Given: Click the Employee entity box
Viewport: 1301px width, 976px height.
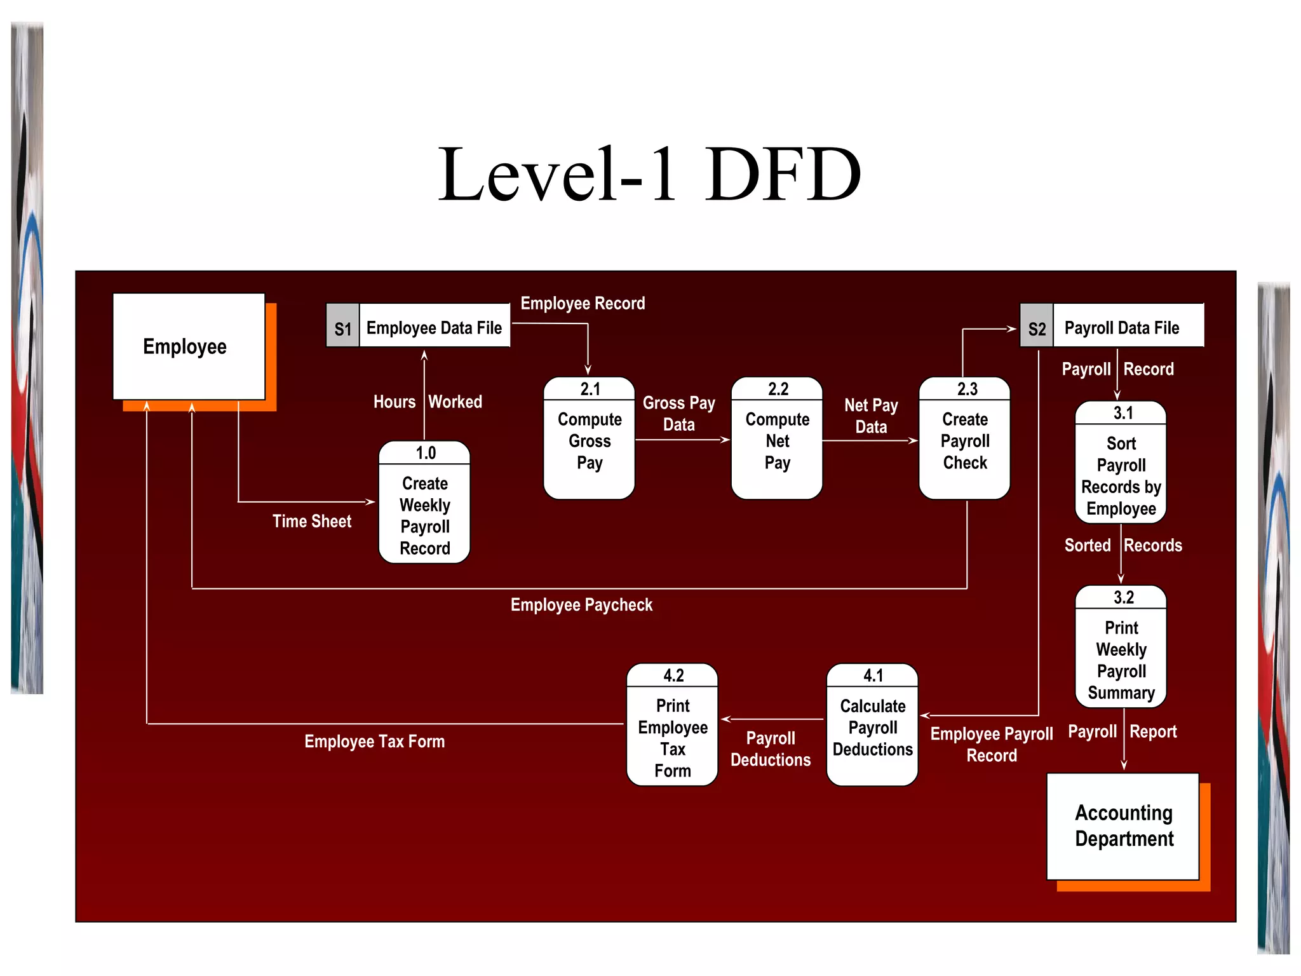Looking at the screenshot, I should pyautogui.click(x=188, y=346).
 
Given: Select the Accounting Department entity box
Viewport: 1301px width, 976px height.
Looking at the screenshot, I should pyautogui.click(x=1122, y=826).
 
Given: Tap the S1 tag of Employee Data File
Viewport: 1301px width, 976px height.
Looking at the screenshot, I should pyautogui.click(x=342, y=329).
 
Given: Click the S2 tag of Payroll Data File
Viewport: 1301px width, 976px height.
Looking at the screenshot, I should pyautogui.click(x=1036, y=329).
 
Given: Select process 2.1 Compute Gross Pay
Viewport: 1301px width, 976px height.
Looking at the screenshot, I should pyautogui.click(x=589, y=439).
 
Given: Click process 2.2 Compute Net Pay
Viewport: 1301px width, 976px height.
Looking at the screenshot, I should pyautogui.click(x=776, y=439).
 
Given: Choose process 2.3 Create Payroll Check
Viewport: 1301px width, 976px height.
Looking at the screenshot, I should pyautogui.click(x=964, y=439).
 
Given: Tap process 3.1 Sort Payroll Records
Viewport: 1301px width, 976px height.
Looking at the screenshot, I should pyautogui.click(x=1121, y=463).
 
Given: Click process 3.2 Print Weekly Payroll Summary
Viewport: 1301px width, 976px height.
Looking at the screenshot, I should pyautogui.click(x=1121, y=647).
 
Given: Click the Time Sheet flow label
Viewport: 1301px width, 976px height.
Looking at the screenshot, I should pyautogui.click(x=311, y=521).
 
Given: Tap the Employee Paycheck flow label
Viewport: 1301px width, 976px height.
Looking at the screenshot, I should pyautogui.click(x=581, y=605).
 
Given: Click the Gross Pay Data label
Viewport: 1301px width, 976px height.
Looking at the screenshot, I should pyautogui.click(x=678, y=414).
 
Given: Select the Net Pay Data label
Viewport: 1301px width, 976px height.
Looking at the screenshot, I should pyautogui.click(x=871, y=416).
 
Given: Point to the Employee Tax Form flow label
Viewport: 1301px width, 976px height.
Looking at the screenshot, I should pyautogui.click(x=374, y=742).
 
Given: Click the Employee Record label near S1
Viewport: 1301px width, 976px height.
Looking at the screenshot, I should pyautogui.click(x=583, y=304).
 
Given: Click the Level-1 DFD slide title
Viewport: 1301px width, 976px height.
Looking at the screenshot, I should pyautogui.click(x=649, y=173).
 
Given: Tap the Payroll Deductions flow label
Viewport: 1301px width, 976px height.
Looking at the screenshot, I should pyautogui.click(x=770, y=749).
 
